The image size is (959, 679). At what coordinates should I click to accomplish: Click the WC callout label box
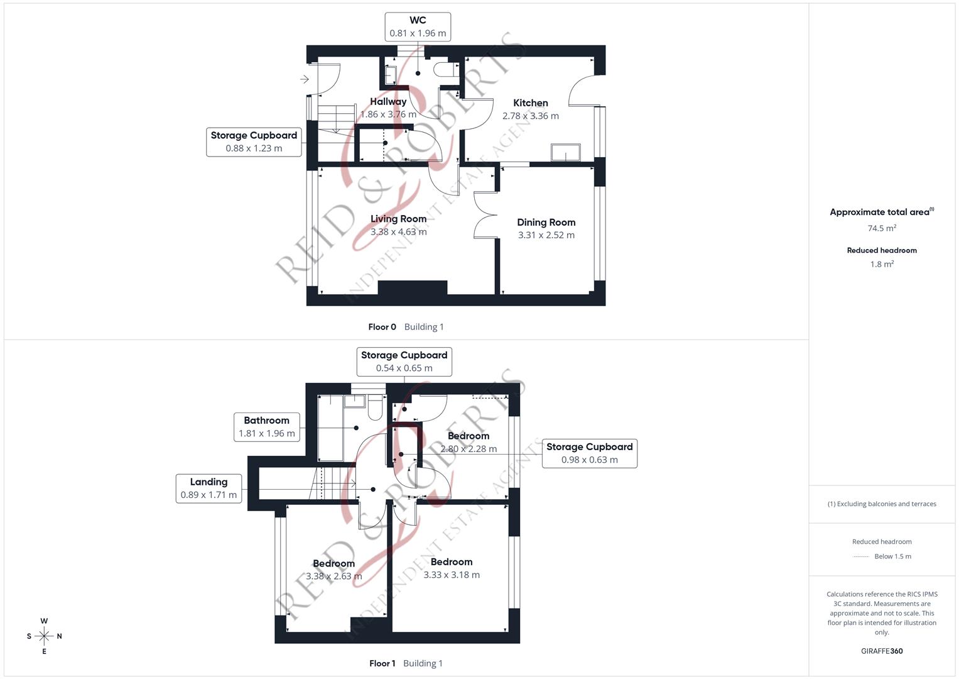pos(418,27)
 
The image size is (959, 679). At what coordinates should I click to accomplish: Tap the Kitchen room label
pos(530,103)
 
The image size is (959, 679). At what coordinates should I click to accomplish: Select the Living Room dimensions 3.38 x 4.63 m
pos(398,232)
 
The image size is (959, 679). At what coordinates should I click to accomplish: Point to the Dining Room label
pos(546,223)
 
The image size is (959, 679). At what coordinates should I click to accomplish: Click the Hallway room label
pos(387,102)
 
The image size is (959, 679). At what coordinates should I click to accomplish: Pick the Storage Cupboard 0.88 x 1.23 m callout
pos(254,142)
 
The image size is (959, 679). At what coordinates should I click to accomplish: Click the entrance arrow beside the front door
pos(305,79)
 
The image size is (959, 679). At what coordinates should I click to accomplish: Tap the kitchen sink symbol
pos(566,153)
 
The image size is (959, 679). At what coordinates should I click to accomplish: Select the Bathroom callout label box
pos(266,427)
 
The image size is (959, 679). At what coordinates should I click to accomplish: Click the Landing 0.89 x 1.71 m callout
pos(209,489)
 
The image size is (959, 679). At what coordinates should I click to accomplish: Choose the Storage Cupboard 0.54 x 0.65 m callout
pos(404,362)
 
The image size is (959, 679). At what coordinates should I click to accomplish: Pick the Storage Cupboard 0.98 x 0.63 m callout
pos(589,453)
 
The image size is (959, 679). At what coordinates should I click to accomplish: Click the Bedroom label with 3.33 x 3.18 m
pos(451,562)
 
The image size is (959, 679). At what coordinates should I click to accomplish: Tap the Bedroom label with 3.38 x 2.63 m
pos(333,564)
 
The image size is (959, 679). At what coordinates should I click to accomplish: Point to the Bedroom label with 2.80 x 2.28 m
pos(468,436)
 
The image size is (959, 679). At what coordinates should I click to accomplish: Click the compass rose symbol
pos(44,636)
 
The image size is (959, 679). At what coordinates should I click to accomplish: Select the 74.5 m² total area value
pos(882,228)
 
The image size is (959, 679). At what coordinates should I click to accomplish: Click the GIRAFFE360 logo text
pos(882,651)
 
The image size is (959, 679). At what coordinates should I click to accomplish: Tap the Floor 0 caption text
pos(382,327)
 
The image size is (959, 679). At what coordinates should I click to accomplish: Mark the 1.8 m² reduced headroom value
pos(882,265)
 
